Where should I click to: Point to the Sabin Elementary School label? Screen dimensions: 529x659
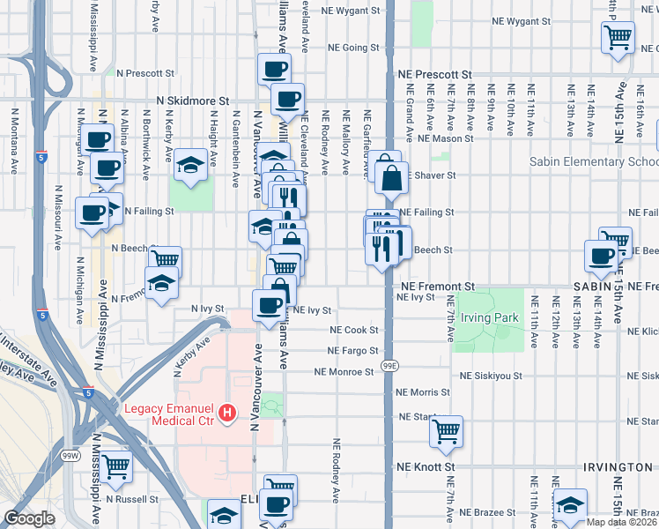tap(593, 162)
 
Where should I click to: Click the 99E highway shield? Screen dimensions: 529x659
tap(389, 364)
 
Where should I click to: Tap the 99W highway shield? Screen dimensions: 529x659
tap(70, 455)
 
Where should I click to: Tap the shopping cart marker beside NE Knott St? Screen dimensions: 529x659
tap(447, 431)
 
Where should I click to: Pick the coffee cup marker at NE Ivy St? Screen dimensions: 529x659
tap(270, 305)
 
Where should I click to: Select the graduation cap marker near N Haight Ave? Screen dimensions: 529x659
tap(189, 164)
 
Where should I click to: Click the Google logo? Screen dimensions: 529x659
tap(29, 518)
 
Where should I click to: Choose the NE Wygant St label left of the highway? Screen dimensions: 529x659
tap(350, 11)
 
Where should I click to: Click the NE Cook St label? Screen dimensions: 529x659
tap(354, 330)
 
